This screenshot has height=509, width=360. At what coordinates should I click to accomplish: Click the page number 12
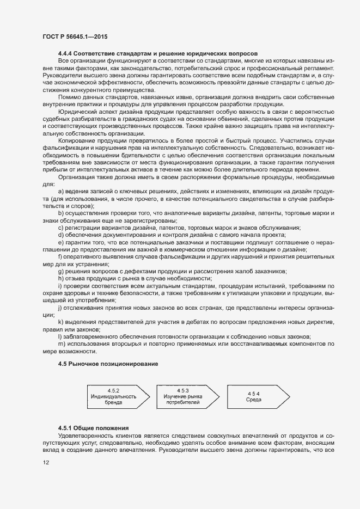point(45,462)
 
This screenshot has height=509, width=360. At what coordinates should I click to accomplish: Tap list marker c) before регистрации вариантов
point(60,227)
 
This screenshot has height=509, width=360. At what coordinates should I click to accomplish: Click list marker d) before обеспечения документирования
point(60,234)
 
